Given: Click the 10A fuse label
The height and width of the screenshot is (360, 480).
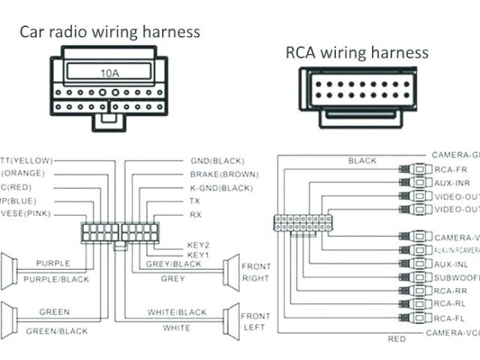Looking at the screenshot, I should point(111,73).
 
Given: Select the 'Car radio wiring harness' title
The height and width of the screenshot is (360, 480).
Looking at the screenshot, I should point(109,31).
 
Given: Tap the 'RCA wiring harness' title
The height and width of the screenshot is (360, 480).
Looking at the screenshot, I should point(357,52).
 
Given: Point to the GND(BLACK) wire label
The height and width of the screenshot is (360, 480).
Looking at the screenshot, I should point(217,161).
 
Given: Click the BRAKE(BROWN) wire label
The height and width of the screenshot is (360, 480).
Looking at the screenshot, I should point(222,174).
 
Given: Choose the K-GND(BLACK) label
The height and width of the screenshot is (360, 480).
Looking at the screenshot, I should point(222,187).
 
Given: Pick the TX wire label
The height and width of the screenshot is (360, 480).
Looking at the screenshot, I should point(195,201).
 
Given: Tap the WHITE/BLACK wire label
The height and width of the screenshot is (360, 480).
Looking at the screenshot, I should point(177,312).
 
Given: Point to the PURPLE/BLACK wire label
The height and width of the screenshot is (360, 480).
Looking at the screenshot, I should point(57,279).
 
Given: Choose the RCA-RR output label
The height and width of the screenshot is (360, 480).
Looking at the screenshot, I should point(450,291).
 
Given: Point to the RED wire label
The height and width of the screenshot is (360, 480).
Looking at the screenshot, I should point(397,339).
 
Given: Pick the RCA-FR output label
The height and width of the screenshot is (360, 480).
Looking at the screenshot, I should point(450,169).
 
